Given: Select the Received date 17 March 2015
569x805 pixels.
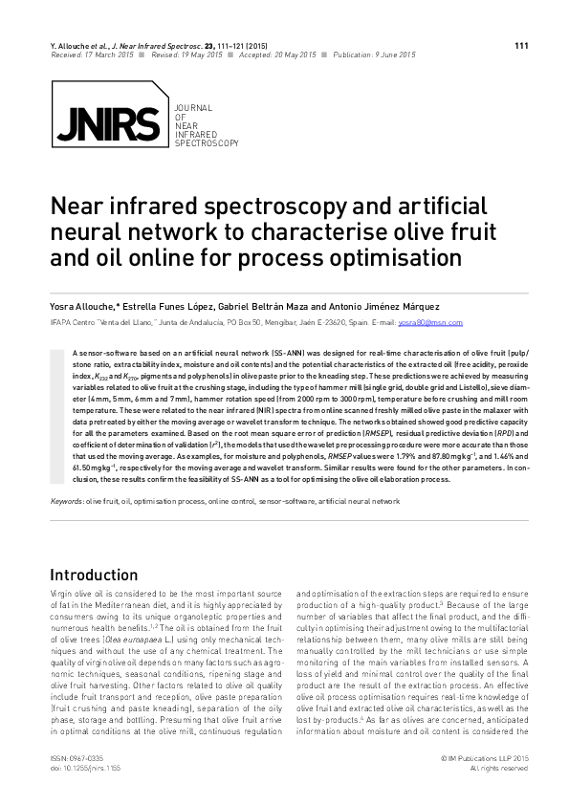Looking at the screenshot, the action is tap(110, 55).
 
